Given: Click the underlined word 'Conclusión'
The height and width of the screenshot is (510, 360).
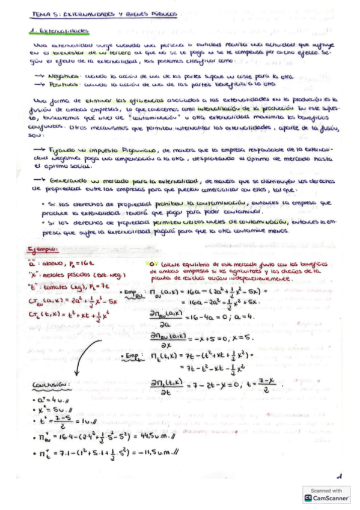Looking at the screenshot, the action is pyautogui.click(x=50, y=386).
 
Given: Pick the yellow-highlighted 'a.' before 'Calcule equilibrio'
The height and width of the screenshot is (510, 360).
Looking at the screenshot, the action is pyautogui.click(x=151, y=263).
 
